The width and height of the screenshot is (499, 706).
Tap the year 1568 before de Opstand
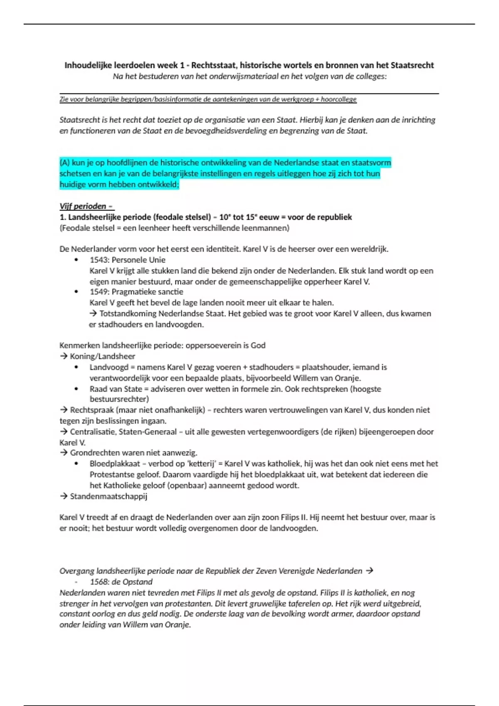click(99, 582)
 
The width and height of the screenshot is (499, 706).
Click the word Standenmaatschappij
click(109, 496)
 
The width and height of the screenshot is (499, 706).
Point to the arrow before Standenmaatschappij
click(64, 496)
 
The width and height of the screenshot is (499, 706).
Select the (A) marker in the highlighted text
click(64, 163)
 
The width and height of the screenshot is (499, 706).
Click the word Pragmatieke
click(133, 292)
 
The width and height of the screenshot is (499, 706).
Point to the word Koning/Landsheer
click(102, 356)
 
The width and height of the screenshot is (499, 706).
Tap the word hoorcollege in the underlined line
click(338, 99)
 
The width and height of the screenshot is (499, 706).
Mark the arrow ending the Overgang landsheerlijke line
click(369, 571)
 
